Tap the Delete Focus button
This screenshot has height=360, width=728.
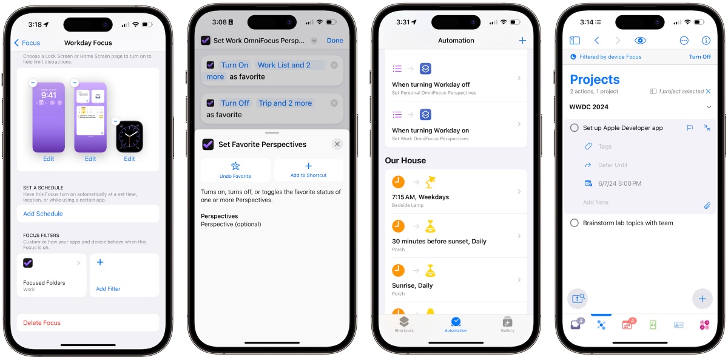42,322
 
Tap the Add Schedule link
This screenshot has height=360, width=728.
43,214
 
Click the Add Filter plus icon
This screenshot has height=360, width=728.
100,262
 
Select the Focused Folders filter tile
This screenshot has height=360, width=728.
52,275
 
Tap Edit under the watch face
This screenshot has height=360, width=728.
129,158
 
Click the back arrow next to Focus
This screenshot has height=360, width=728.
16,42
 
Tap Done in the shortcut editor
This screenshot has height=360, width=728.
335,40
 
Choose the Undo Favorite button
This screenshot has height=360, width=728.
235,170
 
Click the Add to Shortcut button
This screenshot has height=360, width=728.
308,170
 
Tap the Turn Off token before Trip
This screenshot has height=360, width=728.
235,103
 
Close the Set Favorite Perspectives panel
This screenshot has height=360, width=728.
337,144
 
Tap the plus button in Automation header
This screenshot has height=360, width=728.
522,40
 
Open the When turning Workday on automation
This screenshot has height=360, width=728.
456,124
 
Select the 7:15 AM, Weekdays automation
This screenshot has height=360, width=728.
456,192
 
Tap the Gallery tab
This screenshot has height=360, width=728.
507,324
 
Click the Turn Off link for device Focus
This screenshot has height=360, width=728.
699,56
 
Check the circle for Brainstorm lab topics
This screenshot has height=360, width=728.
575,223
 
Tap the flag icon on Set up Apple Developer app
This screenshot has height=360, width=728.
690,128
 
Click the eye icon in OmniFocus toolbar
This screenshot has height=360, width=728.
640,40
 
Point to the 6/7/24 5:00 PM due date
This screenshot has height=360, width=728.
619,183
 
